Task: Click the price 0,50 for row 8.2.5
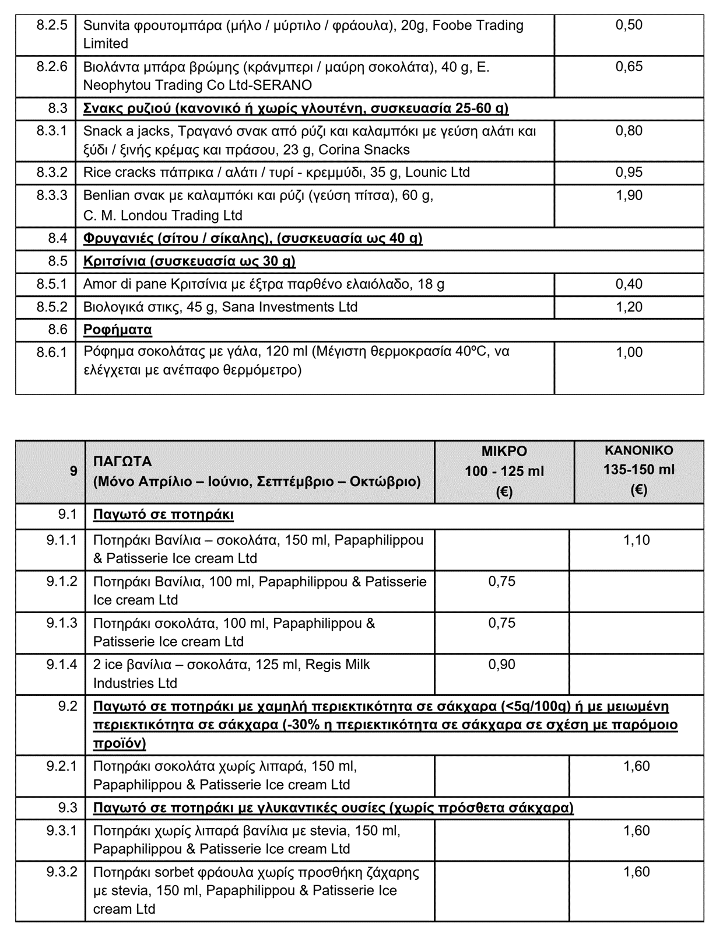click(629, 25)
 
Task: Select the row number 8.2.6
click(52, 67)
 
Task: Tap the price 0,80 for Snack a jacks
click(629, 131)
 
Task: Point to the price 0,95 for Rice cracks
click(629, 172)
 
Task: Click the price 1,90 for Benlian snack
click(629, 195)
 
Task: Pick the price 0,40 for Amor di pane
click(629, 284)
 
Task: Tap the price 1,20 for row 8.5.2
click(629, 307)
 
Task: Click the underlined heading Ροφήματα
click(117, 330)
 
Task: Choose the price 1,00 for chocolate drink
click(629, 352)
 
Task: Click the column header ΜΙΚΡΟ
click(504, 451)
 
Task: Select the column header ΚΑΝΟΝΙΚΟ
click(638, 450)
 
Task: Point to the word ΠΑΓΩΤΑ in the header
click(122, 461)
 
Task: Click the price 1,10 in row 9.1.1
click(636, 540)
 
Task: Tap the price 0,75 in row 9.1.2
click(501, 582)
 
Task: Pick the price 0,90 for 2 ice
click(501, 665)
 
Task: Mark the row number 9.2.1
click(61, 766)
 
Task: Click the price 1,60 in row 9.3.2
click(636, 872)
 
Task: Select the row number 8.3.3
click(52, 195)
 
